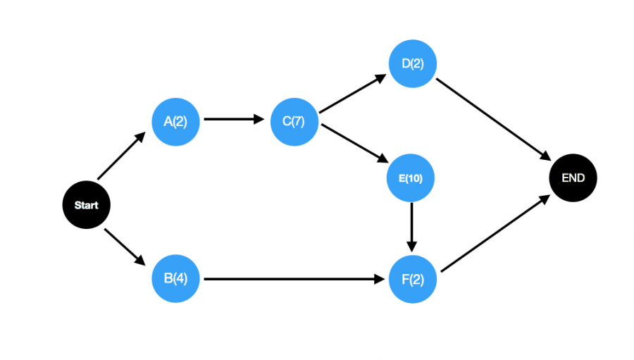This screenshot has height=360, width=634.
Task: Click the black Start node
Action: (86, 205)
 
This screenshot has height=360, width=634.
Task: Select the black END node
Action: (573, 178)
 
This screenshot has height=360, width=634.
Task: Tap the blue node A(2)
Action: (175, 122)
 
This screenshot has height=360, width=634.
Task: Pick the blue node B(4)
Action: (175, 278)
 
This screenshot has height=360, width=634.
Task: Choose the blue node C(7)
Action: (294, 122)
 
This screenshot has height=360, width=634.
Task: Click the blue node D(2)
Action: (412, 63)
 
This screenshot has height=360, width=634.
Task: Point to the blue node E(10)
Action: (411, 178)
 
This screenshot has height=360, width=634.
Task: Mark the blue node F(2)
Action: (412, 279)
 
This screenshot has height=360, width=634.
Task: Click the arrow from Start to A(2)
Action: (121, 156)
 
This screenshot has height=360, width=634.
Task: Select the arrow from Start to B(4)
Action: (125, 247)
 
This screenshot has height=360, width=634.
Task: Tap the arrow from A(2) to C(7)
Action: (234, 119)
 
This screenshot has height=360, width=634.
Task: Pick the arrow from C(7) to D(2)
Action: (353, 94)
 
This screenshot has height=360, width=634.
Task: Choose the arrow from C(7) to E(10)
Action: (355, 144)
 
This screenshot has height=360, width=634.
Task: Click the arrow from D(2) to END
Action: (494, 120)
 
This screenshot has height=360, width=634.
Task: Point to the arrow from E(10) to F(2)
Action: (411, 228)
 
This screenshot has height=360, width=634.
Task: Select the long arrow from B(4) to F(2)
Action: (294, 279)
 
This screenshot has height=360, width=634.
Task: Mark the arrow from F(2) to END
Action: (496, 233)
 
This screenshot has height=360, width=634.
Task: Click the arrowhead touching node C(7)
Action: (259, 119)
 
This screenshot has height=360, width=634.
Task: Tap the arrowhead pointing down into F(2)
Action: (411, 247)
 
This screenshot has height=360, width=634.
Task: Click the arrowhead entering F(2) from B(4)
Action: (380, 279)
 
